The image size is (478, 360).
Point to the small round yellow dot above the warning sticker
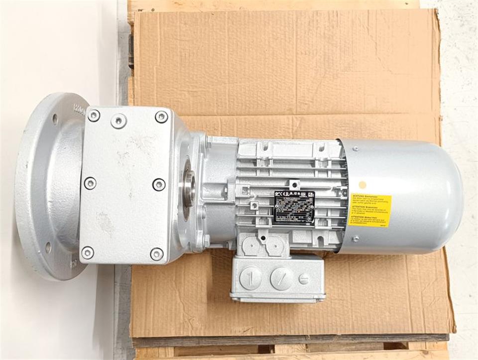point(362,185)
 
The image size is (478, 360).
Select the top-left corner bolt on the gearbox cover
point(93,116)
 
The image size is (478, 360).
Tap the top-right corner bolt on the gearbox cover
point(161,117)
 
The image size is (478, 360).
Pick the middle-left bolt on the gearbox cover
point(90,183)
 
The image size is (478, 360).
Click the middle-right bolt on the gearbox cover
point(159,184)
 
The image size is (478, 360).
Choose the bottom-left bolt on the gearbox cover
point(88,252)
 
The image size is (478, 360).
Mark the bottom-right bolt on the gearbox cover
point(157,254)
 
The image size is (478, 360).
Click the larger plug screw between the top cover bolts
point(119,120)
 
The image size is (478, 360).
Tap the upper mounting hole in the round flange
point(55,119)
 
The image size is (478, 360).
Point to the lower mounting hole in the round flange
point(48,247)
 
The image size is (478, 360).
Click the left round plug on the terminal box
point(250,277)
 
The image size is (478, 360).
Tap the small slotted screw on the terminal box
point(304,279)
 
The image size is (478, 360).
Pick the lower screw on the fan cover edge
point(356,239)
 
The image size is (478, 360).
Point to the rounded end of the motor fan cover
point(448,197)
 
